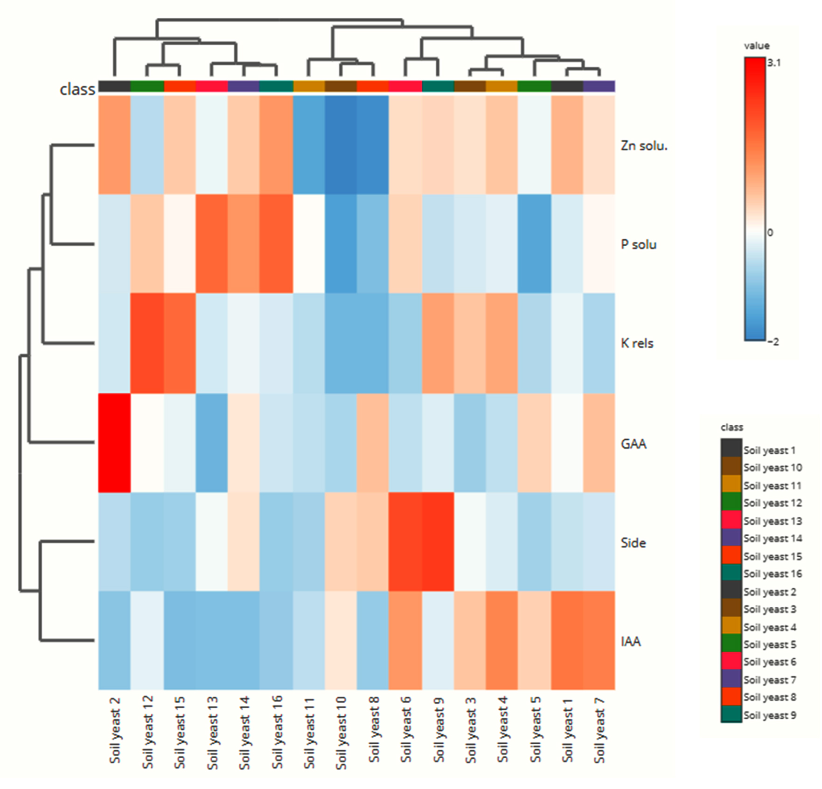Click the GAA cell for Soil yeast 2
114,443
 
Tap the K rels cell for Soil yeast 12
147,343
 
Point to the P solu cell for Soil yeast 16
276,243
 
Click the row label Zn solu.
644,146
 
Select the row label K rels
637,343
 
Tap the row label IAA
631,642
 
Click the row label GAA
633,443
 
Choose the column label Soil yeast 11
309,733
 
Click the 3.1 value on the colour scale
774,62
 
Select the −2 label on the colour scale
773,342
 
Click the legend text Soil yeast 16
773,574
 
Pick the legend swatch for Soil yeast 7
731,679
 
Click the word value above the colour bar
757,46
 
